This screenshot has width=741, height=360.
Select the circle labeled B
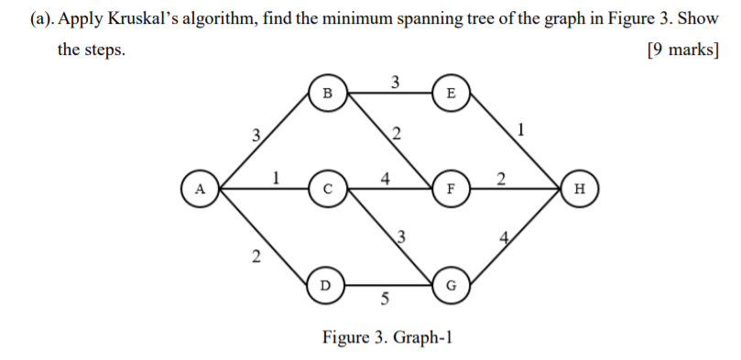pyautogui.click(x=328, y=93)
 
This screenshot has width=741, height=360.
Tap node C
pyautogui.click(x=328, y=189)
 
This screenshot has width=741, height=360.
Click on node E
pyautogui.click(x=449, y=93)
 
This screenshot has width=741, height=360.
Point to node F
pyautogui.click(x=449, y=189)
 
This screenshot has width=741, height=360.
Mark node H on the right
pyautogui.click(x=578, y=189)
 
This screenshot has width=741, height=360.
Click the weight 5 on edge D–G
pyautogui.click(x=385, y=300)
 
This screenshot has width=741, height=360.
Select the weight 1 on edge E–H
pyautogui.click(x=521, y=129)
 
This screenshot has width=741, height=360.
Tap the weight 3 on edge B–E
pyautogui.click(x=394, y=82)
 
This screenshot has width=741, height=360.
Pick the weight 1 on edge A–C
pyautogui.click(x=276, y=177)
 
